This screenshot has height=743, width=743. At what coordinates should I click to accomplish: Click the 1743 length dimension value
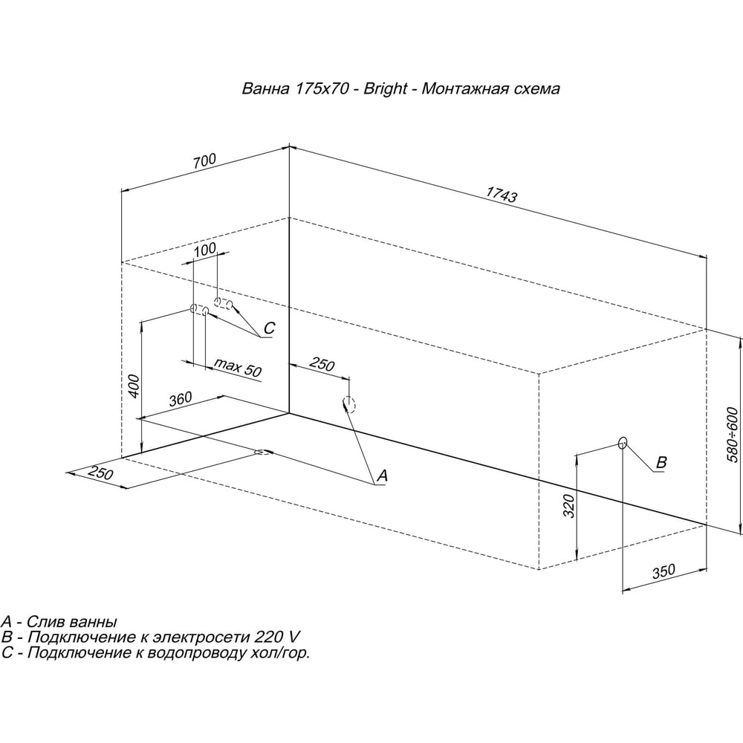coord(502,194)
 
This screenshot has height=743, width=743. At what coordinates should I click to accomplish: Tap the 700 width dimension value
coord(204,160)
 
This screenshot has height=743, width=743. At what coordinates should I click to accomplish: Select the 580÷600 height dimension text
coord(733,435)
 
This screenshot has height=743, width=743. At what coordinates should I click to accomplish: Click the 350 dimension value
coord(663,571)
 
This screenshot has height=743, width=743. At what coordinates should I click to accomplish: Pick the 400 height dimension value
coord(134,386)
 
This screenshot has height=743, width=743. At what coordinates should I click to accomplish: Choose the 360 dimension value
coord(181,398)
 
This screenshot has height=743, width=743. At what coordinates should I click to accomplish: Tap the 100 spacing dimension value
coord(205,249)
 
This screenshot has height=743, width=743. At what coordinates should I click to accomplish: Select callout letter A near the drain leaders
coord(382,475)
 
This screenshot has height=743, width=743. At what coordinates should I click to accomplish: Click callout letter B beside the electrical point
coord(661,462)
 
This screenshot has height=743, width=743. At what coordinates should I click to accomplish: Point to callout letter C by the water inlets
coord(269,328)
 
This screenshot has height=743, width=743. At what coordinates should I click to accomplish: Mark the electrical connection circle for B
coord(623,443)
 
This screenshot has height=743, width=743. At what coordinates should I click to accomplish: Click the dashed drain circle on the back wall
coord(348,403)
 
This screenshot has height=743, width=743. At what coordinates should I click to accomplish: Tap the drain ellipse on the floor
coord(264,452)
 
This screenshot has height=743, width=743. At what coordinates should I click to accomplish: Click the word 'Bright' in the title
coord(385,88)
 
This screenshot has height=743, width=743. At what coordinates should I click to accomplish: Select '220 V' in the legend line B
coord(277,637)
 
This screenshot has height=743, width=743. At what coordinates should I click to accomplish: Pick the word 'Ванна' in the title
coord(265,88)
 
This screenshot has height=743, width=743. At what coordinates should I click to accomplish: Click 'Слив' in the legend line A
coord(45,621)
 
